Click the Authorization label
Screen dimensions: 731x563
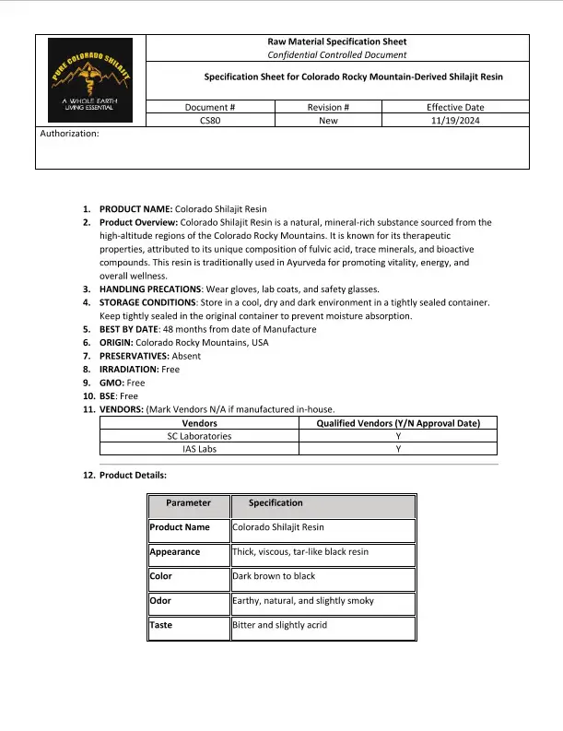(x=71, y=134)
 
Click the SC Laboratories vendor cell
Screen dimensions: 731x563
(x=200, y=436)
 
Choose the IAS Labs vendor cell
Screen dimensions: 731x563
(x=200, y=449)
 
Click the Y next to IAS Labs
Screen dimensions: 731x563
(x=399, y=449)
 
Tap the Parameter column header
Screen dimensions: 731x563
(x=188, y=503)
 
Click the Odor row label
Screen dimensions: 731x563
(x=160, y=600)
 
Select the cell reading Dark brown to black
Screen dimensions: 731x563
(x=274, y=576)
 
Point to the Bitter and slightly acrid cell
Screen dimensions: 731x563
(x=280, y=625)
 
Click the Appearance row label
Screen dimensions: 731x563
(x=175, y=552)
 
